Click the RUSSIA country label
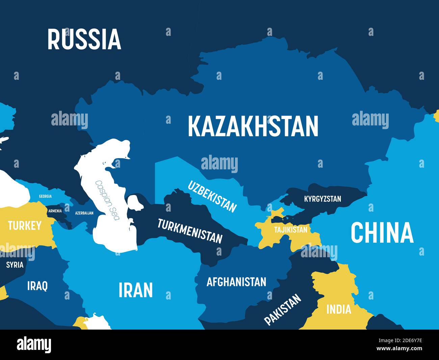coord(84,39)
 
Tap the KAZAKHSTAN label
coord(253,126)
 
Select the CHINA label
coord(382,233)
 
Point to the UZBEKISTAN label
coord(212,196)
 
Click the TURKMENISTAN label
coord(190,231)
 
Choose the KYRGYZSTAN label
coord(322,199)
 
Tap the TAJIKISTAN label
coord(291,230)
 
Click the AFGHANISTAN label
coord(236,282)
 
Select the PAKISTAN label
coord(282,309)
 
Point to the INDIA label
coord(339,309)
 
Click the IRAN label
coord(136,290)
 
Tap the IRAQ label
coord(37,286)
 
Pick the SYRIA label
coord(15,265)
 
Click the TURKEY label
coord(25,225)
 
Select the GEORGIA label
coord(45,196)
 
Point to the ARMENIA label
coord(55,211)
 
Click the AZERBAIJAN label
coord(84,213)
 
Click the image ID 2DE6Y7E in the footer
coord(404,340)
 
